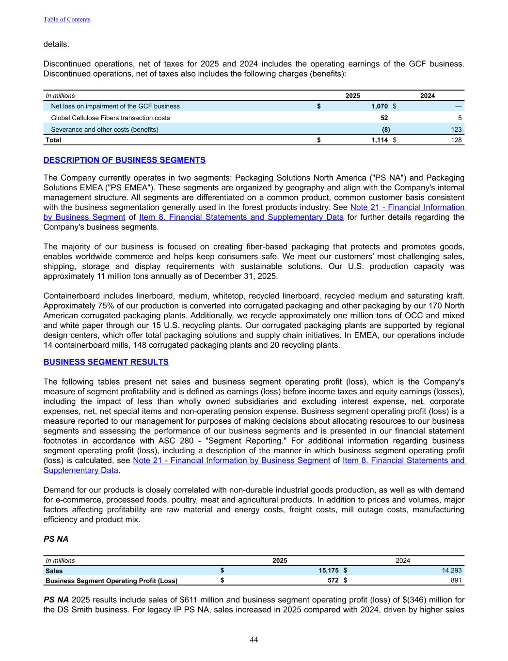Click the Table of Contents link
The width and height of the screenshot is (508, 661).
click(67, 19)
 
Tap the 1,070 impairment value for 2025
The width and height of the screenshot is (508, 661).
click(380, 106)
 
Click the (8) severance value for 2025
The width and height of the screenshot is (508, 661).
click(385, 129)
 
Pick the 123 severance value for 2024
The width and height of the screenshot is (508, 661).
click(456, 129)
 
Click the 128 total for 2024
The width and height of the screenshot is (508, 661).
click(456, 140)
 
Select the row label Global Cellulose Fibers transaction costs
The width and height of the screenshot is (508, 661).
click(111, 118)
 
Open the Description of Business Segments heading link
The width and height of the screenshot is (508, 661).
click(124, 160)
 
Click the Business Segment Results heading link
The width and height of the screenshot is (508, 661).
click(106, 362)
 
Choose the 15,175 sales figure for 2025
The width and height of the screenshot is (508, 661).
click(328, 571)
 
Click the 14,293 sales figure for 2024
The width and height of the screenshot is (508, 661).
click(452, 571)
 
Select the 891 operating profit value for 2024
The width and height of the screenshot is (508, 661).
click(456, 581)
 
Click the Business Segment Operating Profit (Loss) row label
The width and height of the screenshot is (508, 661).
click(111, 581)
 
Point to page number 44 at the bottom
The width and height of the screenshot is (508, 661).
click(254, 640)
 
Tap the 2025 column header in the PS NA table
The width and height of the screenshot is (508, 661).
click(280, 561)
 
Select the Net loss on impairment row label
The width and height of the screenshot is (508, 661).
click(115, 106)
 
